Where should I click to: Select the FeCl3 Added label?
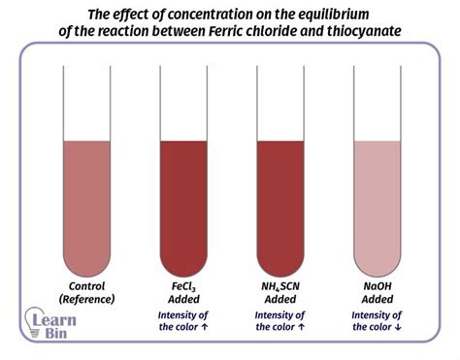click(184, 293)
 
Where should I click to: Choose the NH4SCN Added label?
click(280, 293)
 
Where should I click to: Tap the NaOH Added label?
click(378, 293)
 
